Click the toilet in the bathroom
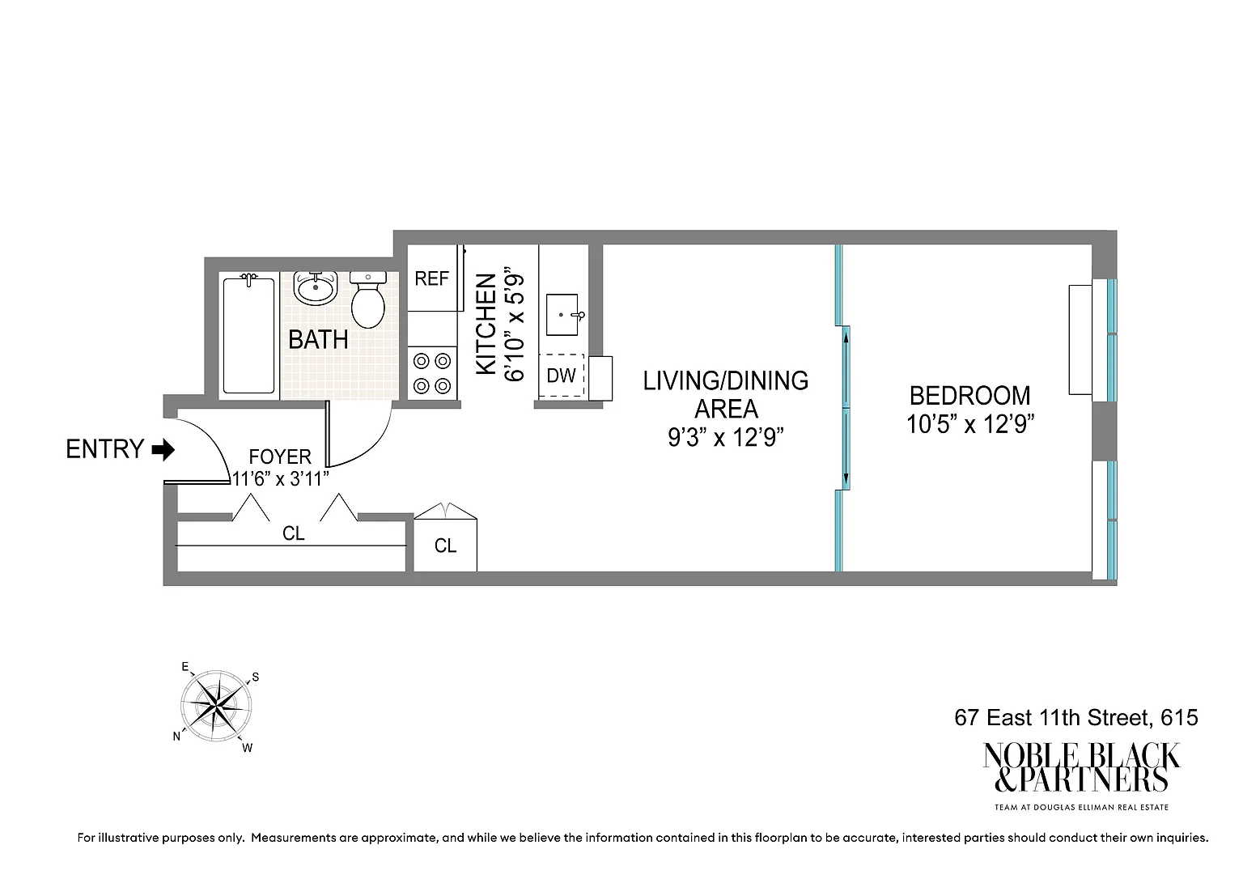point(368,299)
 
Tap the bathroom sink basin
point(315,287)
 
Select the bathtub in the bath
point(248,335)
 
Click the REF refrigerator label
point(431,278)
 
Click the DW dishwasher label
point(561,376)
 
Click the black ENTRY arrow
point(163,449)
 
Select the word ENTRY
point(105,449)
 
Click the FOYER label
point(280,456)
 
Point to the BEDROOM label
point(970,396)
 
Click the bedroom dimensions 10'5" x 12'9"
point(970,425)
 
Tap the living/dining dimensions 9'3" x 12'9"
point(726,438)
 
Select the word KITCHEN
point(486,324)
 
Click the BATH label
point(318,340)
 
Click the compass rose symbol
point(216,707)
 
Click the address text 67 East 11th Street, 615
point(1076,717)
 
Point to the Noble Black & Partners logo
point(1081,775)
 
